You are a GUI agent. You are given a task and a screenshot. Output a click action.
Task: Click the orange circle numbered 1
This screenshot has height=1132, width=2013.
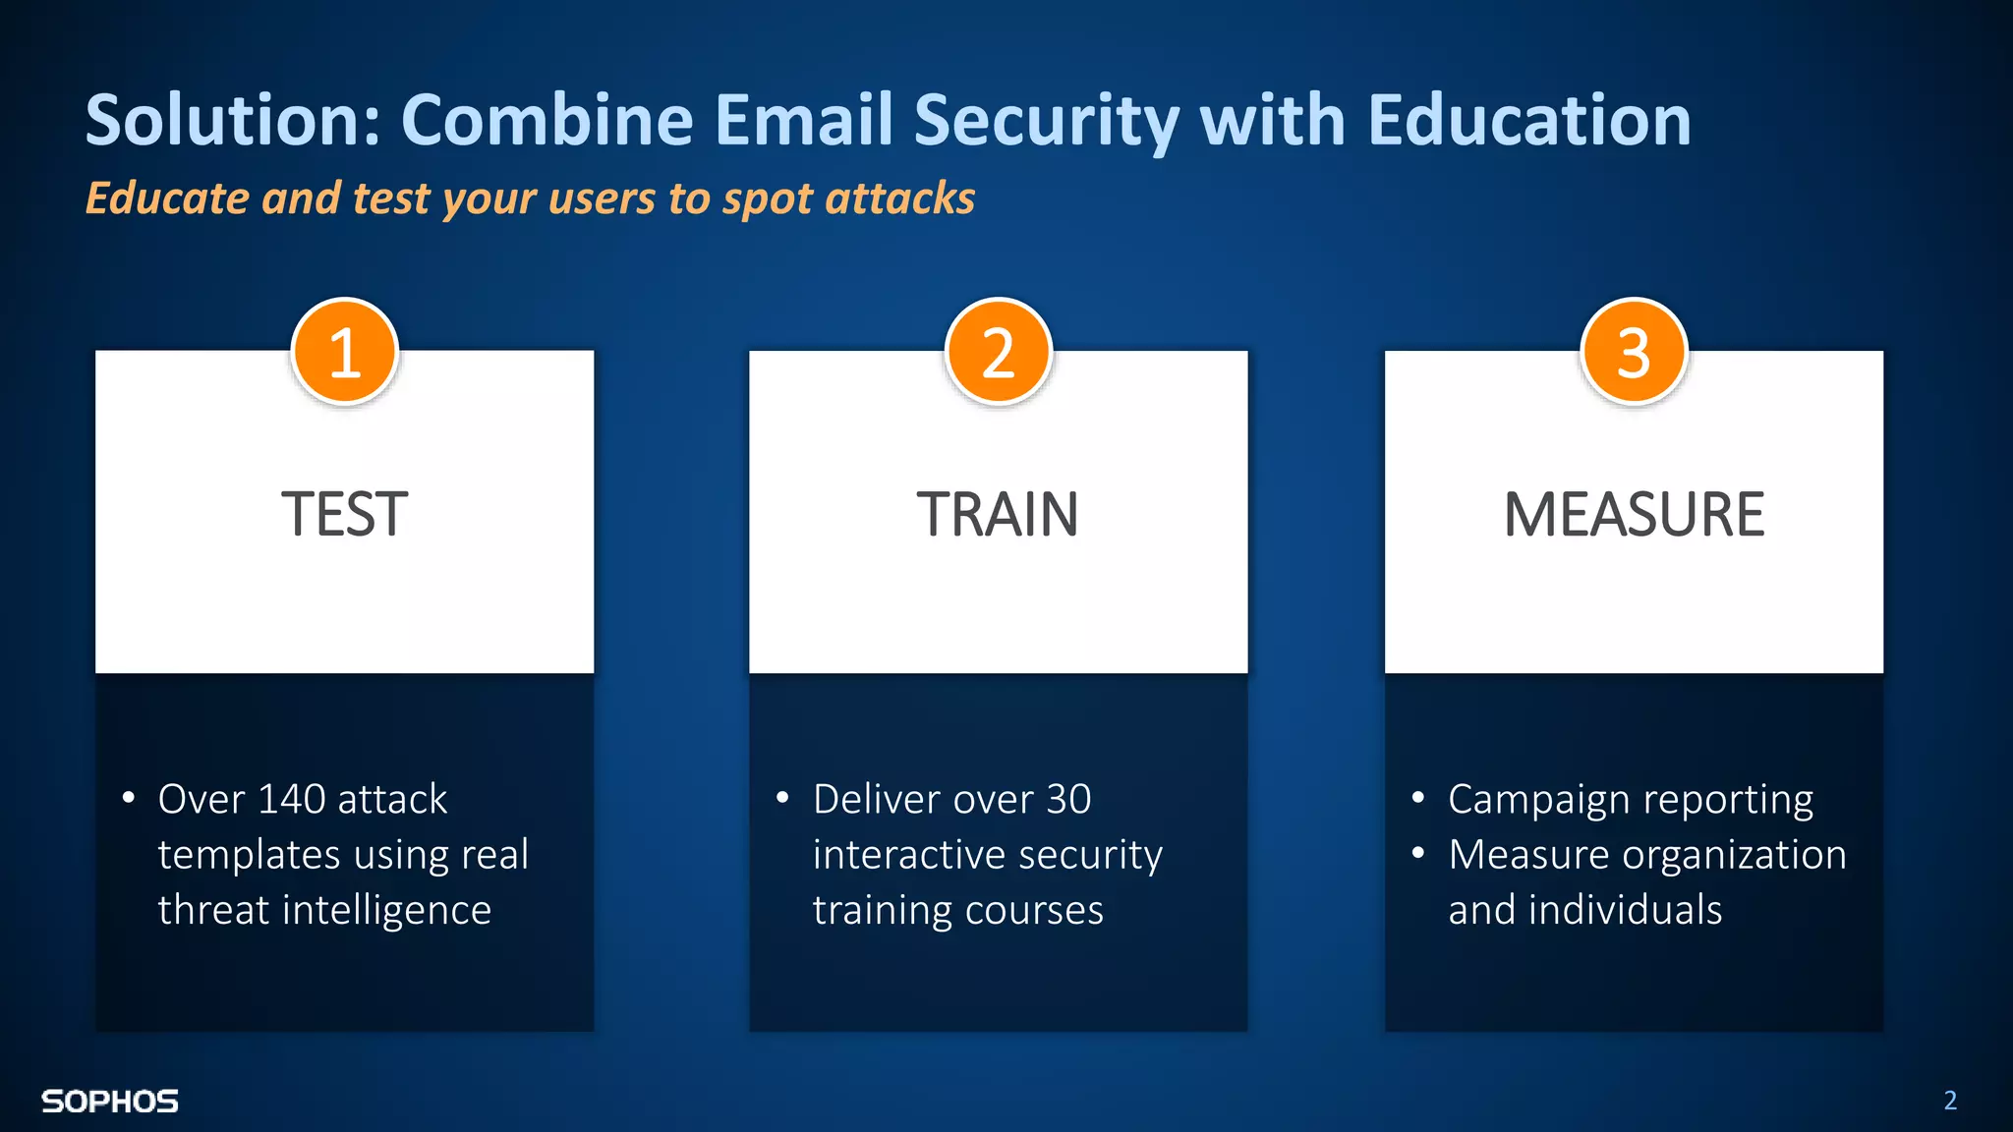tap(344, 352)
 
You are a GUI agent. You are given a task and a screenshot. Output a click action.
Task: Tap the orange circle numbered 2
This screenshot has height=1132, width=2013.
tap(998, 352)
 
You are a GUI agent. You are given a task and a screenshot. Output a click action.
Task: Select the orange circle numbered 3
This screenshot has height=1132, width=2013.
tap(1634, 352)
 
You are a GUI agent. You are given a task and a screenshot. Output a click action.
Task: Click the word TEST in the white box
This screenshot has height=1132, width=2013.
tap(344, 514)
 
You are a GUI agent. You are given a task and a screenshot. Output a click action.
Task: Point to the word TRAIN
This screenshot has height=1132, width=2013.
tap(998, 514)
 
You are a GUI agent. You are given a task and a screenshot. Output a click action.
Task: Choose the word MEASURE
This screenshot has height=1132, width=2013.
tap(1634, 514)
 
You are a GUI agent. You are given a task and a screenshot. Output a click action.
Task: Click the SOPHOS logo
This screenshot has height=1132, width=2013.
tap(110, 1102)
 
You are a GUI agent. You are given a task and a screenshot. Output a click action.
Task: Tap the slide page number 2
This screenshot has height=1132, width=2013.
tap(1950, 1101)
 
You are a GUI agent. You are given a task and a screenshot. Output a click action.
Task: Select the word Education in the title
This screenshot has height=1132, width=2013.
tap(1529, 120)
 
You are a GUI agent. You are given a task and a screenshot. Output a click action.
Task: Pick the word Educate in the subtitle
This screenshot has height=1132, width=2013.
tap(167, 198)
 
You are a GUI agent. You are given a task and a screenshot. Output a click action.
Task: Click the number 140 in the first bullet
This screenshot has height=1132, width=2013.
tap(291, 799)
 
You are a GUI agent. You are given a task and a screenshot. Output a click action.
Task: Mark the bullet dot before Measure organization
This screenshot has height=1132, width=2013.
tap(1417, 853)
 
